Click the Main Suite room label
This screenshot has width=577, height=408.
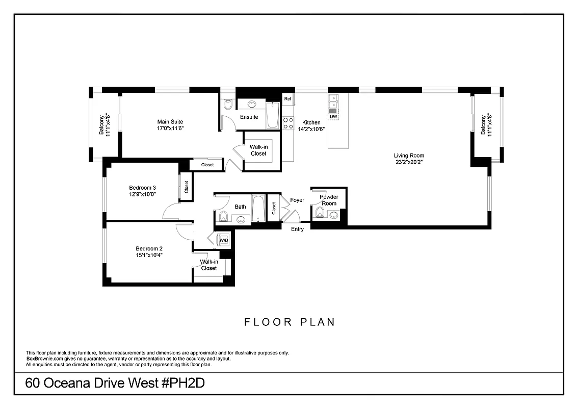170,122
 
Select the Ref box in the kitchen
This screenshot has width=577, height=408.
288,99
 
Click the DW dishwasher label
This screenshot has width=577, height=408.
333,117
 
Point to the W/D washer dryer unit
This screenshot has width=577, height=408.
224,240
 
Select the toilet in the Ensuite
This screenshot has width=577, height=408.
228,105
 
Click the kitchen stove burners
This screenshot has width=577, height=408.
288,123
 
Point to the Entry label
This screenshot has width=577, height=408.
297,229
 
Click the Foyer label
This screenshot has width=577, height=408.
297,200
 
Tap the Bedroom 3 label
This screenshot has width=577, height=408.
142,188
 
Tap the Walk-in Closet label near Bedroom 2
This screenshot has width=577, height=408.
209,265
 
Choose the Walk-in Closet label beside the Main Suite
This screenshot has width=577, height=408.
258,150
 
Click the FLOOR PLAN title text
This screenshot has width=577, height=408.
290,322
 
